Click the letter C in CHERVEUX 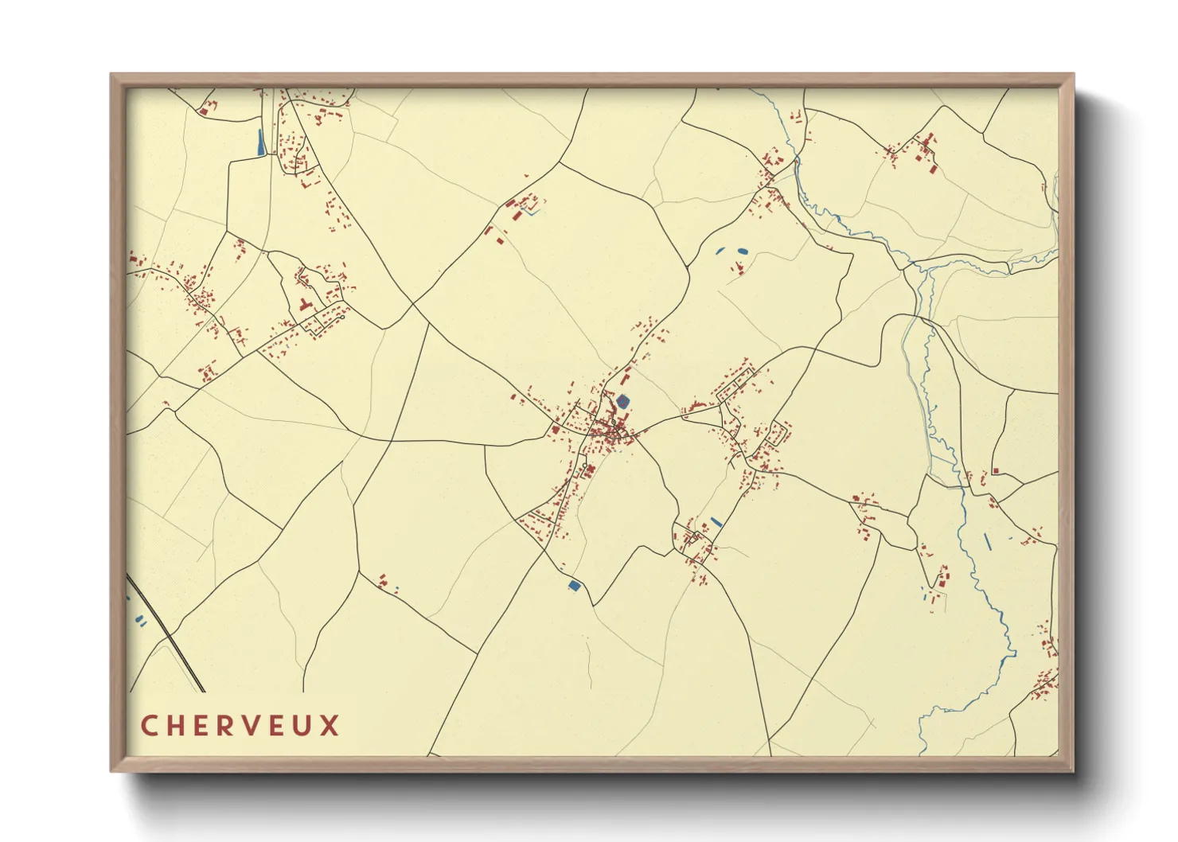pos(150,726)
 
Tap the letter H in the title pos(177,726)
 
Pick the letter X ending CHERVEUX pos(330,726)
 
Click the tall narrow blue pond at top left pos(260,142)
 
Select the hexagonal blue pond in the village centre pos(622,401)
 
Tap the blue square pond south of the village pos(574,586)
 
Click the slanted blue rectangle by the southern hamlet pos(716,522)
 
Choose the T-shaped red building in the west pos(304,303)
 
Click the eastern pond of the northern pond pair pos(743,251)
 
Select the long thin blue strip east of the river pos(987,541)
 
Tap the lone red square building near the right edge pos(995,471)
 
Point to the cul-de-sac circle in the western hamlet pos(341,317)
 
